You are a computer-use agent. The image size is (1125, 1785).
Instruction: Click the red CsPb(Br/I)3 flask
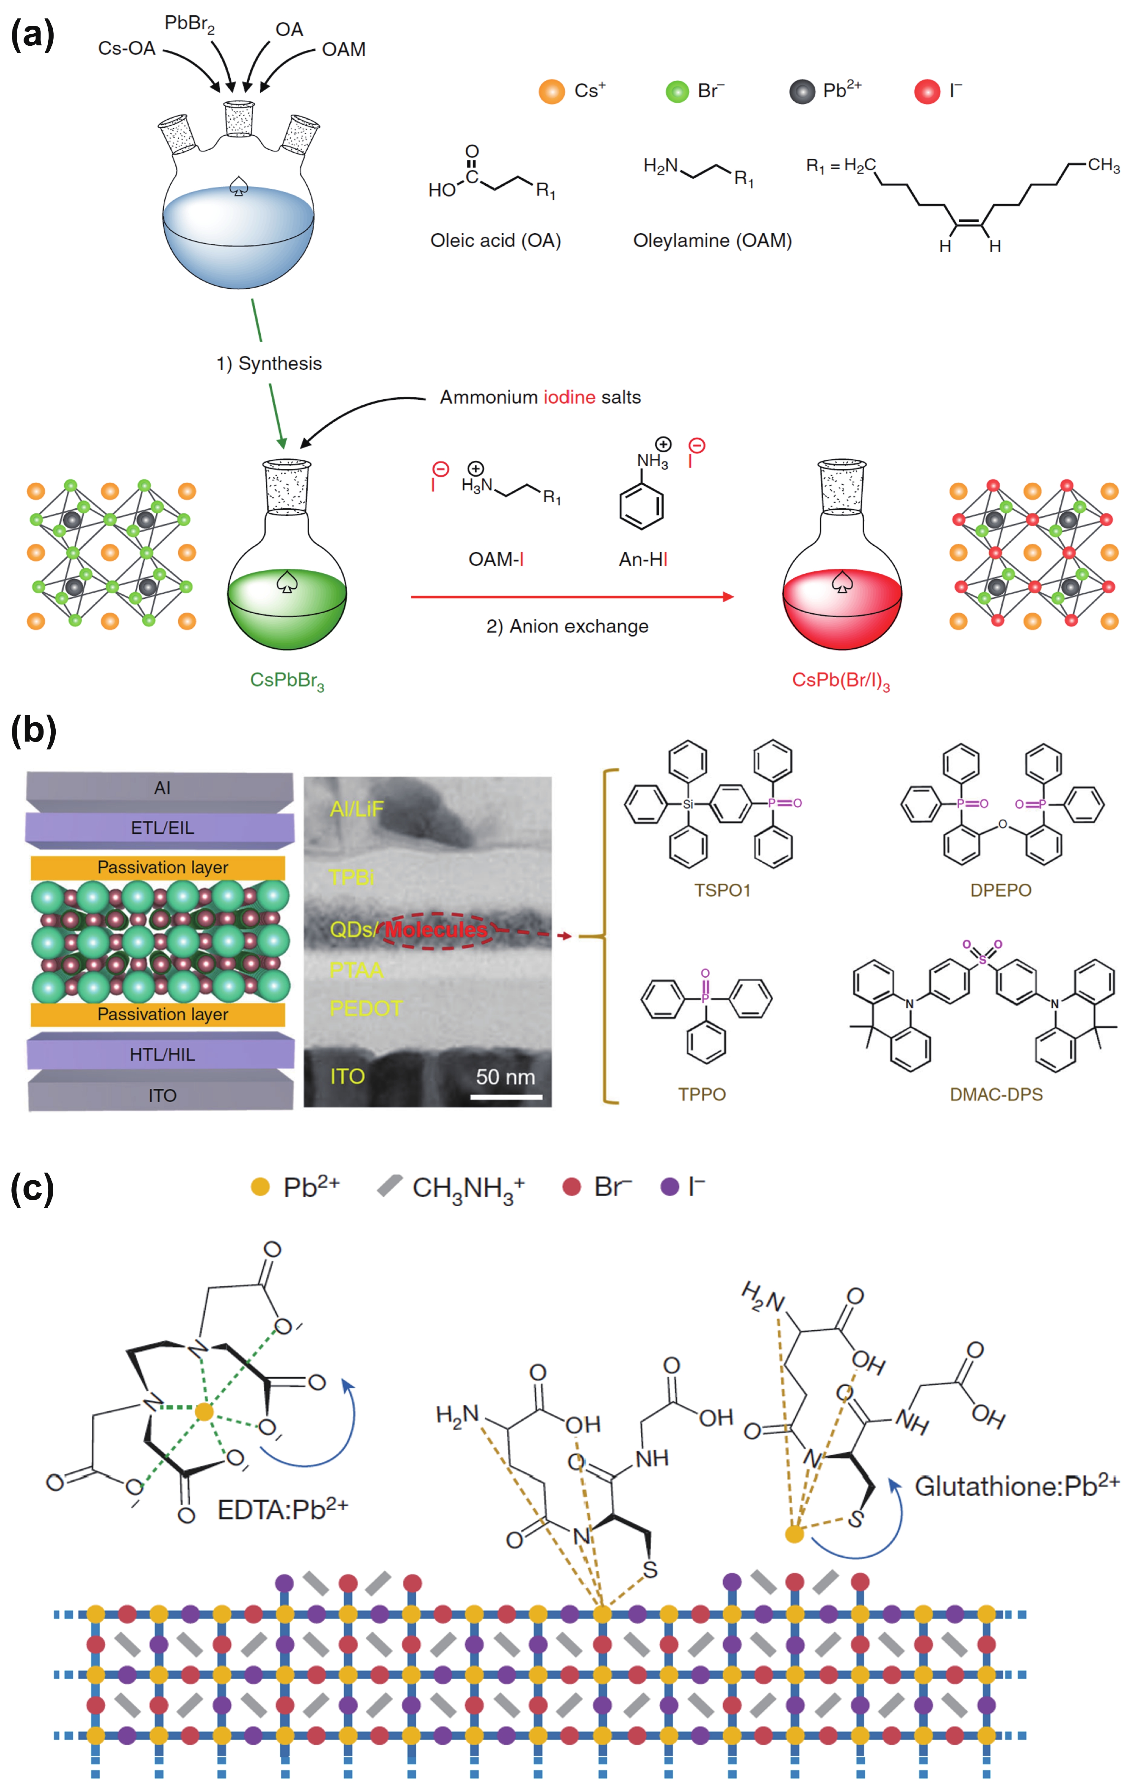(842, 585)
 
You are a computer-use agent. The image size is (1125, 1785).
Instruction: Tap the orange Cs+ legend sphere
(551, 91)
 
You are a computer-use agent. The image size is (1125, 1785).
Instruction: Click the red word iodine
(569, 397)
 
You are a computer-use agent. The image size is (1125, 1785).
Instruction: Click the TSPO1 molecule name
(722, 890)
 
